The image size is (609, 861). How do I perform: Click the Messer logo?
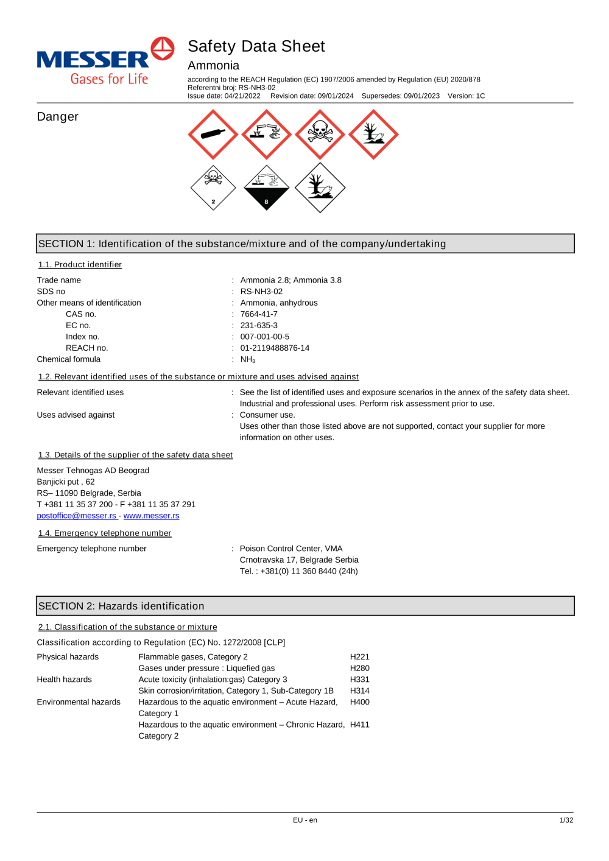pos(105,61)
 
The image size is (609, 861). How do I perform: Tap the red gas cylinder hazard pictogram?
pos(213,135)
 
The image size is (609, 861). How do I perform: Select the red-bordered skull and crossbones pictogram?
pos(320,135)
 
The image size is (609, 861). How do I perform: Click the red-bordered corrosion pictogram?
pos(266,135)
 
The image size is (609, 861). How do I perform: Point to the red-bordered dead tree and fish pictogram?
pos(373,135)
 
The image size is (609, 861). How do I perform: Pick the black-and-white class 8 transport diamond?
pos(266,188)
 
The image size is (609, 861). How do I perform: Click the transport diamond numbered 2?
pos(213,188)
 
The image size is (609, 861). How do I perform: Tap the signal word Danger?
pos(58,117)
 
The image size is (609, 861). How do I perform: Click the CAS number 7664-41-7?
pos(259,314)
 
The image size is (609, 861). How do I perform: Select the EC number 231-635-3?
pos(259,326)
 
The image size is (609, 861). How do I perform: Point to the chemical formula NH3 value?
pos(247,360)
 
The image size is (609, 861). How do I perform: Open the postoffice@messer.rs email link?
pos(77,516)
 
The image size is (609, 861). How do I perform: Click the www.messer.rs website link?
pos(151,516)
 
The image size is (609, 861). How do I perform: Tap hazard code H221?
pos(359,657)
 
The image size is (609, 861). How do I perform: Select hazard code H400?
pos(359,702)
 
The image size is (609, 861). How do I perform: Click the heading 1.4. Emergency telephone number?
pos(105,533)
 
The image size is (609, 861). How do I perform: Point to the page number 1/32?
pos(566,820)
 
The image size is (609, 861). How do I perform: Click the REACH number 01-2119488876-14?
pos(275,348)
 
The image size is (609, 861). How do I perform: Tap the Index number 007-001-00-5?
pos(265,337)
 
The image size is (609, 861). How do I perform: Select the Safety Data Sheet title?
pos(256,46)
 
